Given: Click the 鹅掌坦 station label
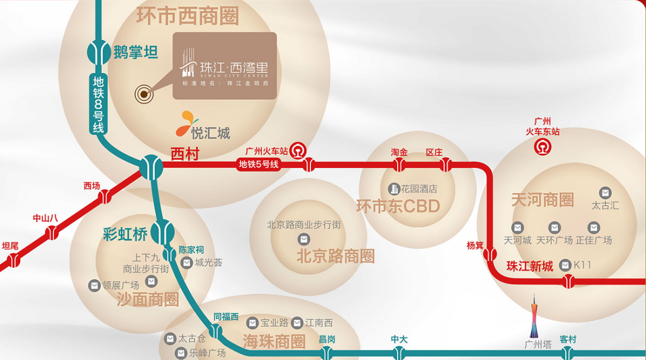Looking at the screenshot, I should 136,52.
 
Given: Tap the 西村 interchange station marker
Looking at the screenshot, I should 151,167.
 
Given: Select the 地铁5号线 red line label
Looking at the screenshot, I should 259,164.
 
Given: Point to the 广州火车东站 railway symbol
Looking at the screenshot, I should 543,146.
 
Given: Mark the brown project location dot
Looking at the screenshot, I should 144,93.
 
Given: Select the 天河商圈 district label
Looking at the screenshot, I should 542,200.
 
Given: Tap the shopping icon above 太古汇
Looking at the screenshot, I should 605,193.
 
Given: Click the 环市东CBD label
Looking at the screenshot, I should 398,207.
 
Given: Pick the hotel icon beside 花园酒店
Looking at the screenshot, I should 394,189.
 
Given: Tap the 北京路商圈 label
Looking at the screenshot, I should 335,257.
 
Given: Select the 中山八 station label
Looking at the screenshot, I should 45,218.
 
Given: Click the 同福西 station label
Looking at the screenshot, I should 226,316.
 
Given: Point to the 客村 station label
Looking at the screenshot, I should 568,339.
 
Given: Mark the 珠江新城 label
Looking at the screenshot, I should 529,267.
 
